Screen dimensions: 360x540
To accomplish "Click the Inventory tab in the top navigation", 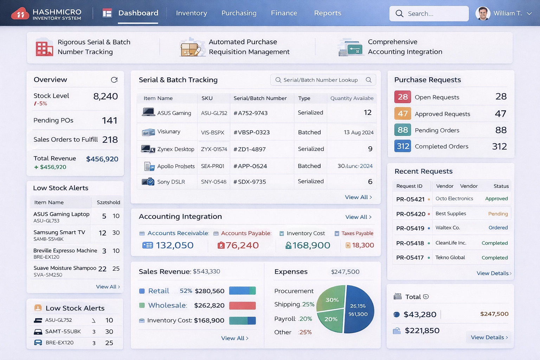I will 191,13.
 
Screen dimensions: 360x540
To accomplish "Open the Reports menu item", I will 327,13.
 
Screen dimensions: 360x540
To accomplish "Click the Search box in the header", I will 429,14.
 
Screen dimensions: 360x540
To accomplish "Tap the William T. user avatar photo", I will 483,14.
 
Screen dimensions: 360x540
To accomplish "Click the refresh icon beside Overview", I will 114,80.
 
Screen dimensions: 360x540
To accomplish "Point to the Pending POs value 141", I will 109,121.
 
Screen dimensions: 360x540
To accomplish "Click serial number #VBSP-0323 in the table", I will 251,133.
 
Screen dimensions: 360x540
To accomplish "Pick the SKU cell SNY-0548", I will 213,182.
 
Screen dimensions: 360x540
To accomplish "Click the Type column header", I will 304,98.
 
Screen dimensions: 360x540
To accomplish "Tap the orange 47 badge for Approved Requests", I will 403,114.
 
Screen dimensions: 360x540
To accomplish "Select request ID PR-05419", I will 410,229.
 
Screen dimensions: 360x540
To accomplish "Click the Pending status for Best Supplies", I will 498,214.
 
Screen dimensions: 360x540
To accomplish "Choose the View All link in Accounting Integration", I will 358,217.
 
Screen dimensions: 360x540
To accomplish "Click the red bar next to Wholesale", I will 242,306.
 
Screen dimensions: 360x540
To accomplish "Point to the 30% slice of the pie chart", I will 332,299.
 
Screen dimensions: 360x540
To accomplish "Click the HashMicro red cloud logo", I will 20,14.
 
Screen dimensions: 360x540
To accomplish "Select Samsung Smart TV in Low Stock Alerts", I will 59,232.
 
